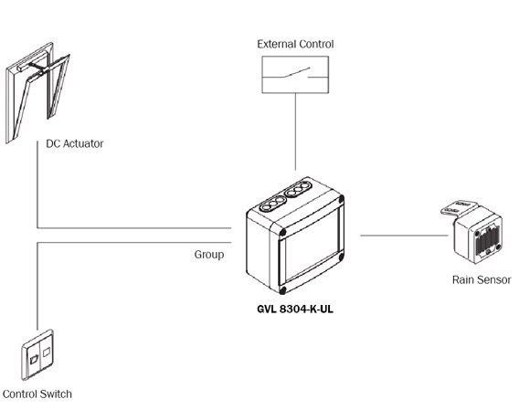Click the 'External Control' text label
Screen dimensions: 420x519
click(295, 44)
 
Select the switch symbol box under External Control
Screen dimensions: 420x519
click(295, 74)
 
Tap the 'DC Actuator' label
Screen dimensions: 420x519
click(75, 143)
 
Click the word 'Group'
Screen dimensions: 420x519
click(208, 255)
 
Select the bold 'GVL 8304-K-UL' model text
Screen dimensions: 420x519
click(296, 309)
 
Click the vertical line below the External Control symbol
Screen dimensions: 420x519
click(295, 137)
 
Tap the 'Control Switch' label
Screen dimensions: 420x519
click(37, 394)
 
